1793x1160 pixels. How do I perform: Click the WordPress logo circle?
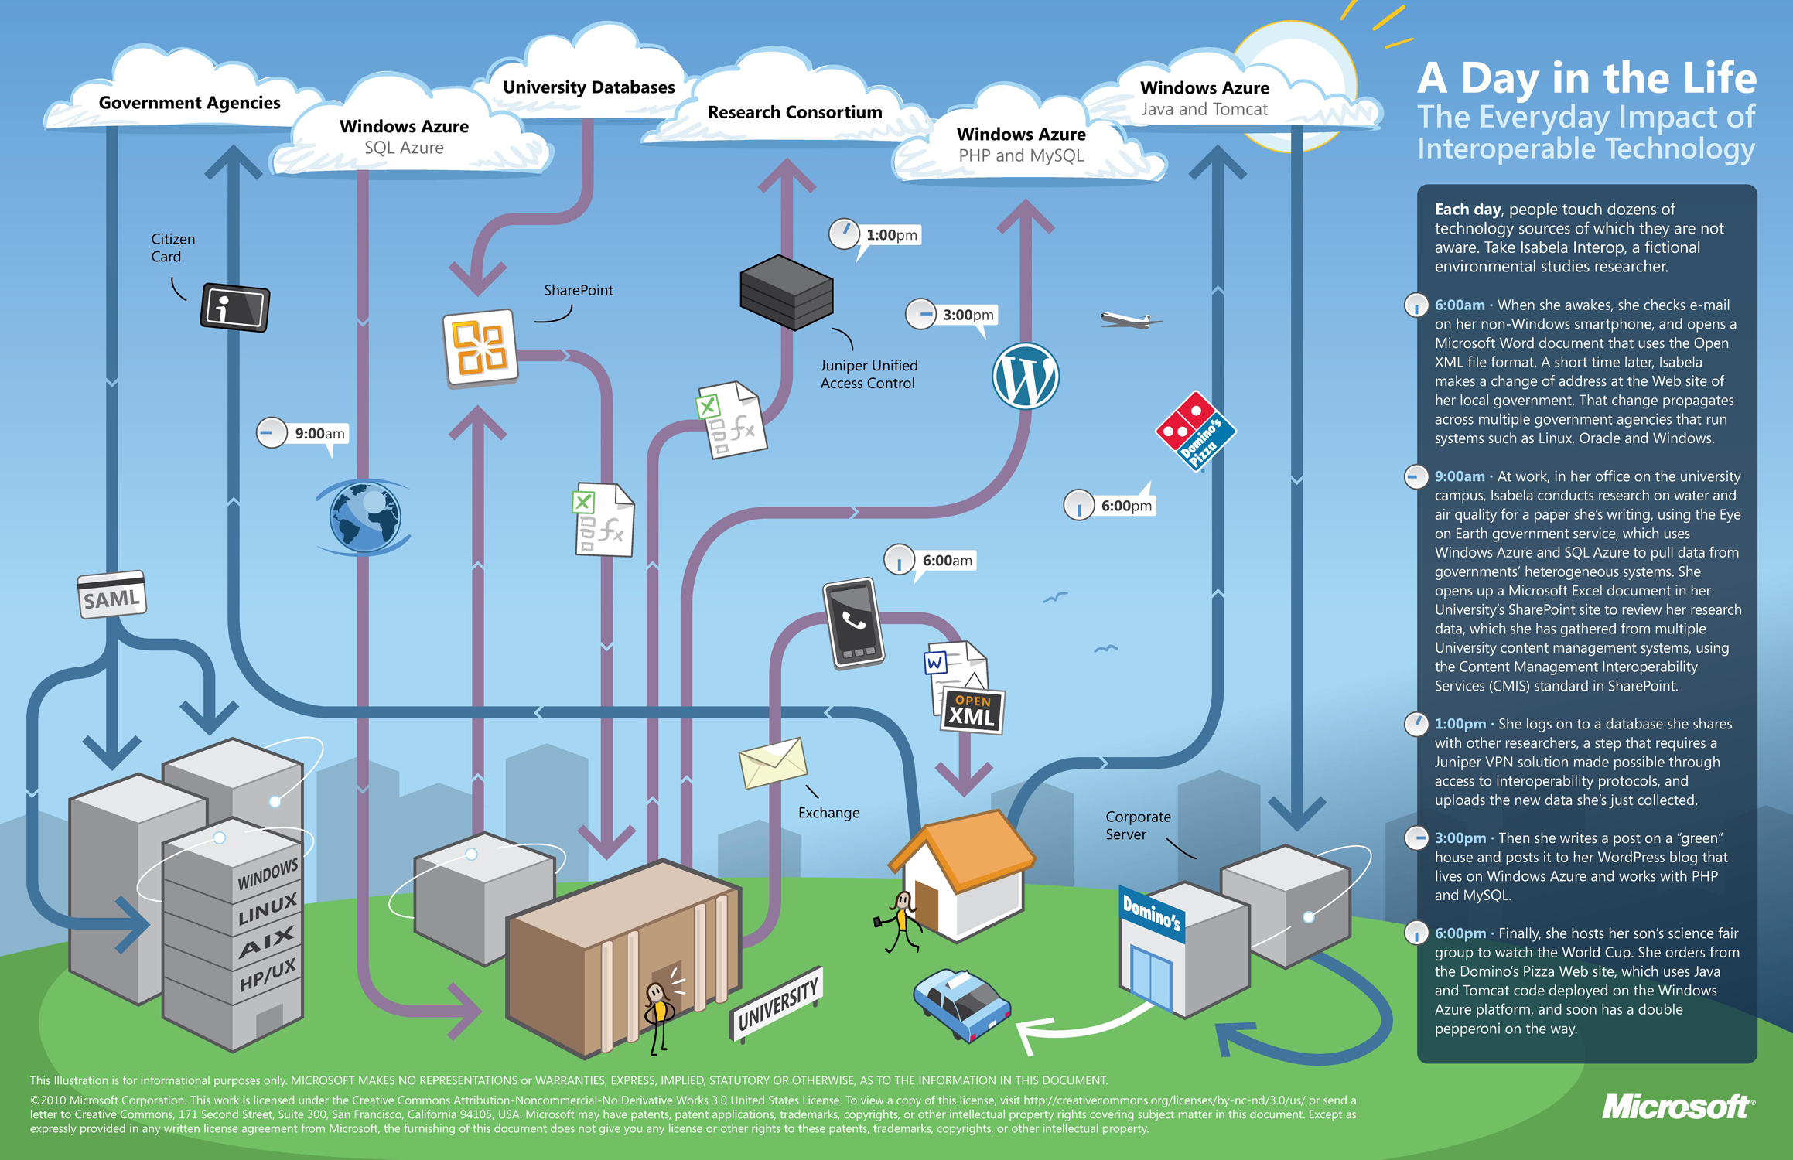1025,377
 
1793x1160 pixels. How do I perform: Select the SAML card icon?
112,595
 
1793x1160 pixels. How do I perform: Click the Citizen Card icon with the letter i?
235,307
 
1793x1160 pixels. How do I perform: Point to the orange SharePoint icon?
480,348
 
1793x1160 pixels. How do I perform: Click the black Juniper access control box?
787,292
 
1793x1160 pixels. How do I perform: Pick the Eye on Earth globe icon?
364,517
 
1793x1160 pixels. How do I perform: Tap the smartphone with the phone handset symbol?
853,623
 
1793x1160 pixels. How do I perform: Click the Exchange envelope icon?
773,763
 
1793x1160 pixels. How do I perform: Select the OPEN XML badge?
972,711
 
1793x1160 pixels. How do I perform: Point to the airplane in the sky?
1129,319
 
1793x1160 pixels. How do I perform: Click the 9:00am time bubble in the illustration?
303,434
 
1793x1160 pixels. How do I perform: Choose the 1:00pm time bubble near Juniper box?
876,235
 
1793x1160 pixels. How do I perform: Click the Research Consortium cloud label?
794,112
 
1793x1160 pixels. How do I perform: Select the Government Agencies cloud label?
190,103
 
